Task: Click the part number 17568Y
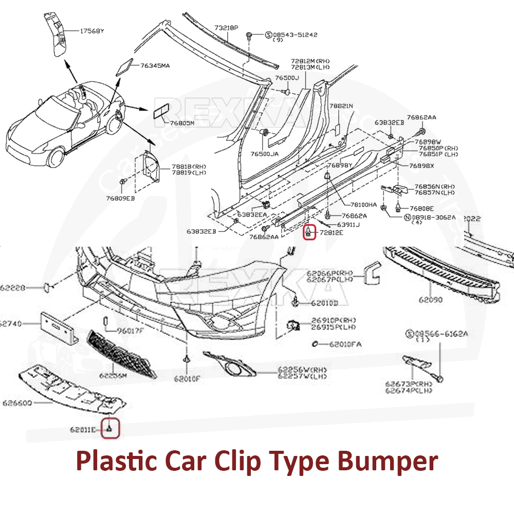pos(92,31)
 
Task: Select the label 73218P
pos(226,27)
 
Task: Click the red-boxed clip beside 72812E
pos(308,232)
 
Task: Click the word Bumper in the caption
pos(388,461)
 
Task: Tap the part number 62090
pos(429,299)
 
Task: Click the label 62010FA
pos(345,344)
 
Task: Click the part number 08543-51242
pos(295,35)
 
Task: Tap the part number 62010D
pos(324,303)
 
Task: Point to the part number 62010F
pos(187,379)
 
